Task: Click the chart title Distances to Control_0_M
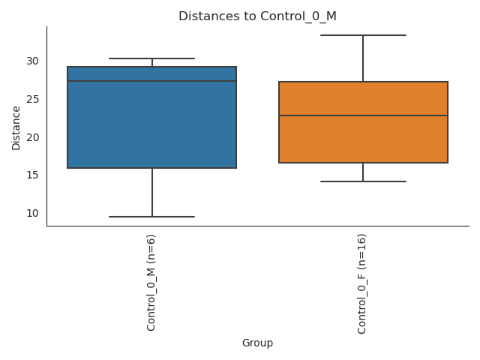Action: (x=257, y=16)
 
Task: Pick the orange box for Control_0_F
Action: (x=363, y=142)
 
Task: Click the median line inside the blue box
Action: (x=151, y=81)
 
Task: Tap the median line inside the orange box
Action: (x=363, y=115)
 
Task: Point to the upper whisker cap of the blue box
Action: (x=151, y=58)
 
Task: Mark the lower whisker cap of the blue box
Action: (x=151, y=217)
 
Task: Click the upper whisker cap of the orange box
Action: (x=363, y=35)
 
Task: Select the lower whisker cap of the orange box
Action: (x=363, y=181)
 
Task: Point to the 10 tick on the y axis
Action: (x=33, y=213)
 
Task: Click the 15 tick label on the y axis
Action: (x=33, y=175)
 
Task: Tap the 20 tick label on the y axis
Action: (x=33, y=137)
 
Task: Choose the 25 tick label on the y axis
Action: (x=33, y=99)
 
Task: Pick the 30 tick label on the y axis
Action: (x=33, y=61)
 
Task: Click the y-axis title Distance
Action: (x=16, y=127)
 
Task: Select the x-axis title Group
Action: (x=257, y=343)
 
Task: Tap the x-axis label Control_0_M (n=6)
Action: (x=151, y=282)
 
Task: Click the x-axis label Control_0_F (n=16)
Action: (x=362, y=283)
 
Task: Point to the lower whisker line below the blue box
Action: (x=151, y=193)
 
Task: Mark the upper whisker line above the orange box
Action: (x=363, y=58)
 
